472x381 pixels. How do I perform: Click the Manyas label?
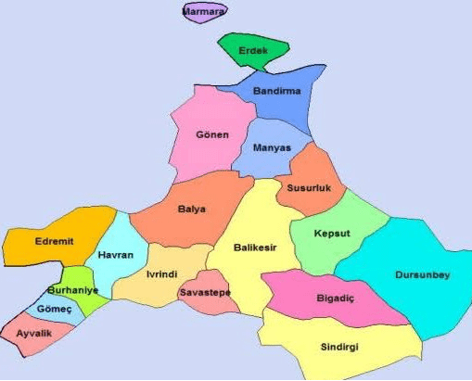pyautogui.click(x=272, y=147)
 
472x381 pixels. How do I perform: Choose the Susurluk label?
pyautogui.click(x=309, y=187)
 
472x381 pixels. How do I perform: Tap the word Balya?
pyautogui.click(x=192, y=209)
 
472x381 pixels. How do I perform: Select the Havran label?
pyautogui.click(x=116, y=255)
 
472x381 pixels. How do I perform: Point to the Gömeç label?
pyautogui.click(x=53, y=308)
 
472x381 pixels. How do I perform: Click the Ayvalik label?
pyautogui.click(x=33, y=332)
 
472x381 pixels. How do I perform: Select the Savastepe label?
pyautogui.click(x=205, y=293)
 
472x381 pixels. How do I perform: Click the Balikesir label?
pyautogui.click(x=254, y=248)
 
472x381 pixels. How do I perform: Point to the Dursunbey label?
pyautogui.click(x=423, y=274)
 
